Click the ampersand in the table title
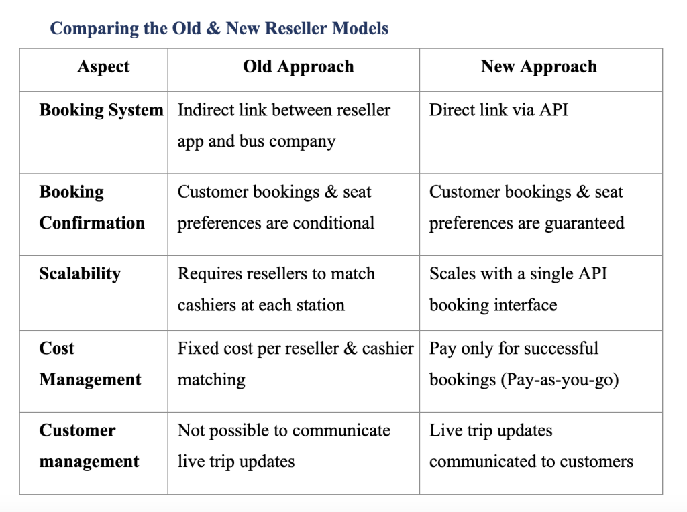click(x=213, y=28)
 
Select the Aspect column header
click(x=103, y=67)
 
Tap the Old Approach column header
click(x=299, y=67)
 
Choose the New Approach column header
click(x=539, y=67)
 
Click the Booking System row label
click(x=101, y=110)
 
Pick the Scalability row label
click(x=80, y=274)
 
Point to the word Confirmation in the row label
click(x=92, y=222)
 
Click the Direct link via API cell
click(x=498, y=109)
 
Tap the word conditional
click(x=333, y=222)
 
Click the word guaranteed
click(x=584, y=224)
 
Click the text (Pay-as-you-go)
click(x=560, y=380)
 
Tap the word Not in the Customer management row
click(x=191, y=430)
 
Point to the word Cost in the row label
click(x=56, y=348)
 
